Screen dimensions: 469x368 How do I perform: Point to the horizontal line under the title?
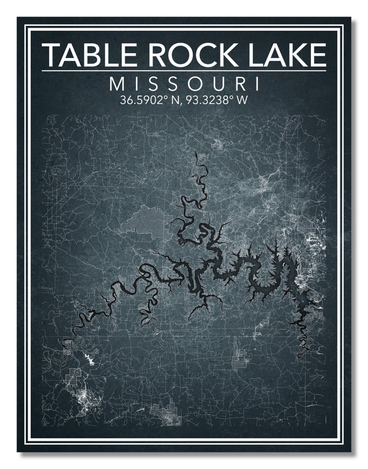(184, 71)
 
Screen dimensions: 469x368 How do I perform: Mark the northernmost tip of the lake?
(196, 153)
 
